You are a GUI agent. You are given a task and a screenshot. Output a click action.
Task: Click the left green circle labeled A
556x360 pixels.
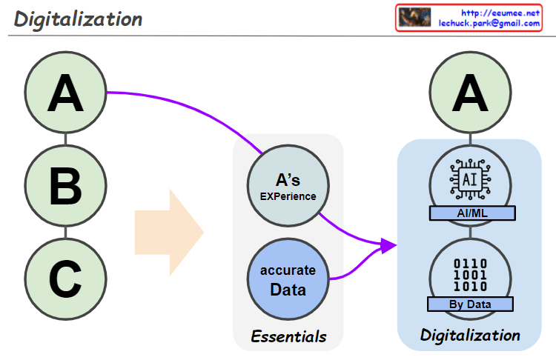(65, 96)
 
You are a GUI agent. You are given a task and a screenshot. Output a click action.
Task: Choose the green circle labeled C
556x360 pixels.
(65, 279)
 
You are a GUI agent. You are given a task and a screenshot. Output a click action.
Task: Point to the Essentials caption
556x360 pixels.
(288, 336)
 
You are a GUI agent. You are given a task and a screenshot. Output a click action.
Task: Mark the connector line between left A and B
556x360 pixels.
(65, 141)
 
